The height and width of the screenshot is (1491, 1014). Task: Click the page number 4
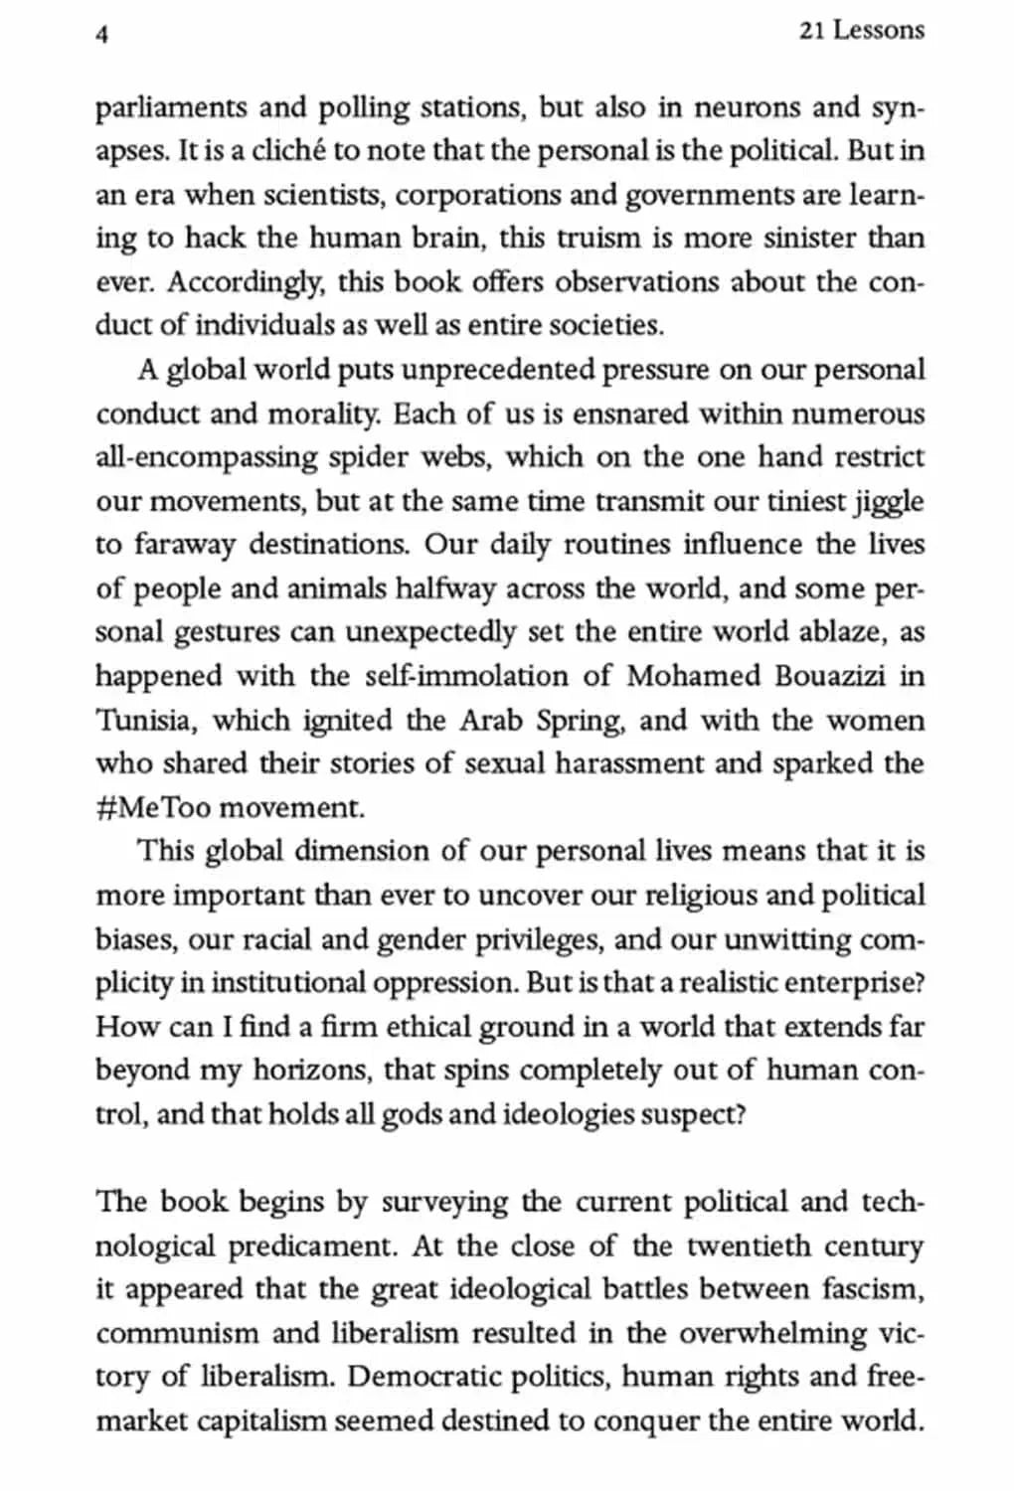click(101, 34)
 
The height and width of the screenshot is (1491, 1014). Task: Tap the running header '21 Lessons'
click(861, 31)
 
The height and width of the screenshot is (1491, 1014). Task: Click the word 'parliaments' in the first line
click(170, 107)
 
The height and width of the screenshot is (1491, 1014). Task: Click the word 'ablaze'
click(852, 632)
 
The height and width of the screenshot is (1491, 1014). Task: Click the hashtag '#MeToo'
click(153, 807)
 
